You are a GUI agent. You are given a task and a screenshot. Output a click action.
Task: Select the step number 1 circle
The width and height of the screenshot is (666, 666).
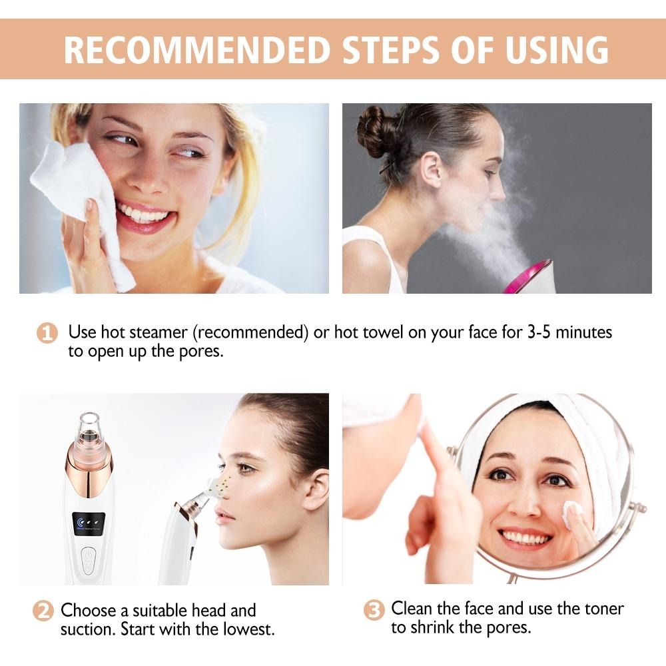(47, 333)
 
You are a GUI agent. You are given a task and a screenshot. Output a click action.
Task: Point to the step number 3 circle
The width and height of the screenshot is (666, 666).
(374, 609)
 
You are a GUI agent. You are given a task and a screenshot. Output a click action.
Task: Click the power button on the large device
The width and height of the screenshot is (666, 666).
(87, 557)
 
